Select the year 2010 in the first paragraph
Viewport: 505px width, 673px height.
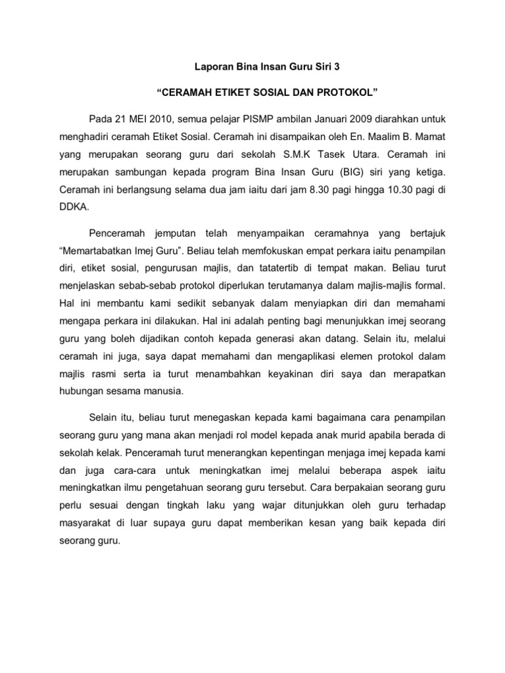coord(160,118)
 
